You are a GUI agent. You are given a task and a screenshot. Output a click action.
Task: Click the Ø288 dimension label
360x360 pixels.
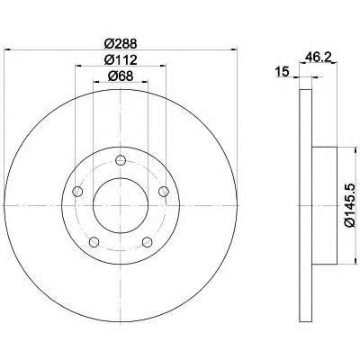pos(121,44)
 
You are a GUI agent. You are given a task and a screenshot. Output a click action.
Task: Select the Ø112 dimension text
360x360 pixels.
pos(121,60)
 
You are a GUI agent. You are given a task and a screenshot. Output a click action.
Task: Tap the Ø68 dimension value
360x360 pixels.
pos(121,76)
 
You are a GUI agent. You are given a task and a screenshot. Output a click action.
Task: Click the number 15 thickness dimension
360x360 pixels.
pos(282,72)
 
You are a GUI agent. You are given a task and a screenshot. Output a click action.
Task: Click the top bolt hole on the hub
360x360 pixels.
pos(121,160)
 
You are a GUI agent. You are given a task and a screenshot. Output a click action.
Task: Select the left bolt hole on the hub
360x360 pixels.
pos(77,191)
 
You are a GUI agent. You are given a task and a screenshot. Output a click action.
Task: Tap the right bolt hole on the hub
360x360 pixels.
pos(164,191)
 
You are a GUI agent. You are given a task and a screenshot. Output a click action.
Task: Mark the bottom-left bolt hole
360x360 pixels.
pos(94,242)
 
